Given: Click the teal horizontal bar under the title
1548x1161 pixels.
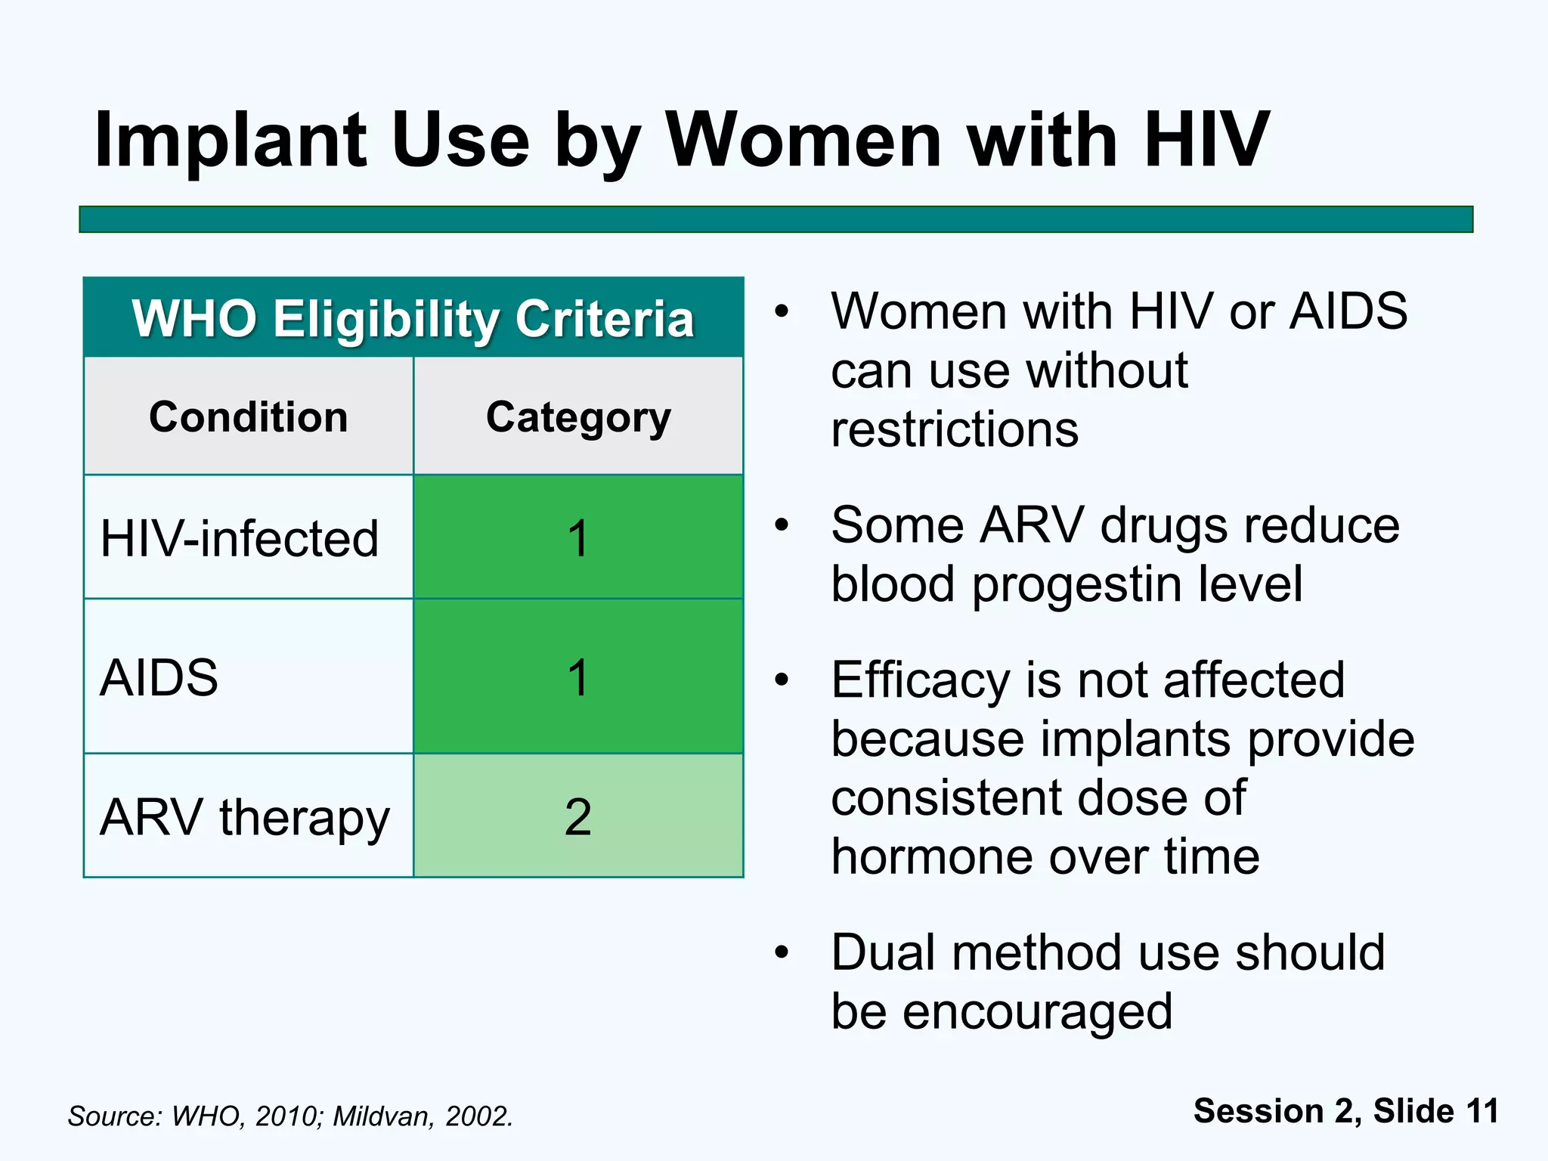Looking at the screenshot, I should (x=776, y=219).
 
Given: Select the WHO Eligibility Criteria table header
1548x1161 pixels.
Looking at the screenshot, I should (x=413, y=318).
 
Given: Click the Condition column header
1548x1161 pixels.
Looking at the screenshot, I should (x=248, y=416).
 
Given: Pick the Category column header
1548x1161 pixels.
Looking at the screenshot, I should (x=578, y=416).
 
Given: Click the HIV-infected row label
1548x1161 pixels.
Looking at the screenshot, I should (x=239, y=538).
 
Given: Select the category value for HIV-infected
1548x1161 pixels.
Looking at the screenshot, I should (x=578, y=538).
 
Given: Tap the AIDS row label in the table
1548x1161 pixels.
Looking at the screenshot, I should (x=159, y=677).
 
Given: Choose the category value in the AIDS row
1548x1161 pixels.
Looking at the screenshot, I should (x=578, y=677).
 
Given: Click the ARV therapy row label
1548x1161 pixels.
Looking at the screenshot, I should (x=244, y=817).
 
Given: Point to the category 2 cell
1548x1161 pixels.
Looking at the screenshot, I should (x=578, y=817).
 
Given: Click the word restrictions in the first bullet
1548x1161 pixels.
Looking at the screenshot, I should (x=955, y=429).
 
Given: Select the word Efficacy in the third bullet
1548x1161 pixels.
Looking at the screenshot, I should (x=920, y=681).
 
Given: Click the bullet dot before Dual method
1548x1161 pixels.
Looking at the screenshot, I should (x=782, y=952).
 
